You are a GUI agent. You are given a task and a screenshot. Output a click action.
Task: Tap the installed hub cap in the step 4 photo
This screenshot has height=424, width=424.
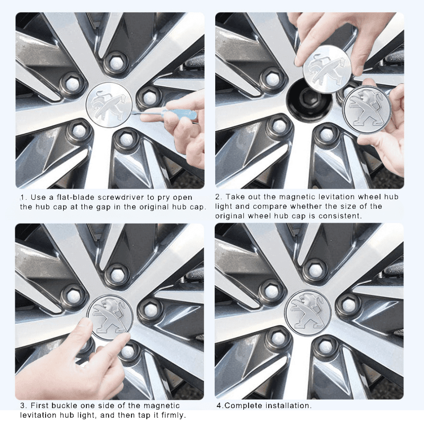pos(308,313)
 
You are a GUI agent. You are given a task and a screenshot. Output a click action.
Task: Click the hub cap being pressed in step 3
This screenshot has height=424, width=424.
pos(109,316)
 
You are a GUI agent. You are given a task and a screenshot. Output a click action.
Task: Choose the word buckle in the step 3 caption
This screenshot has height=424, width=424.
pos(66,406)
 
